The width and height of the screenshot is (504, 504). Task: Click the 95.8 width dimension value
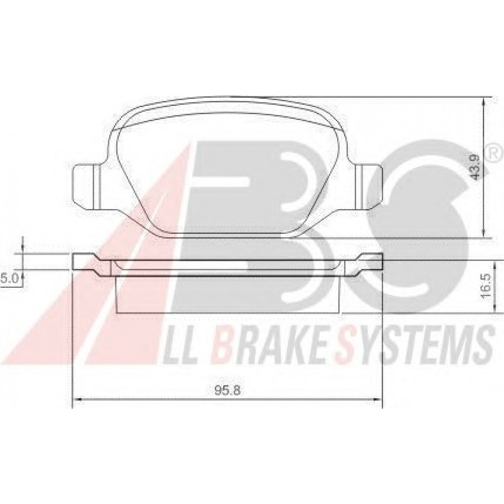click(228, 391)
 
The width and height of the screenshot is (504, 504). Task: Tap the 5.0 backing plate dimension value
click(9, 269)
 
